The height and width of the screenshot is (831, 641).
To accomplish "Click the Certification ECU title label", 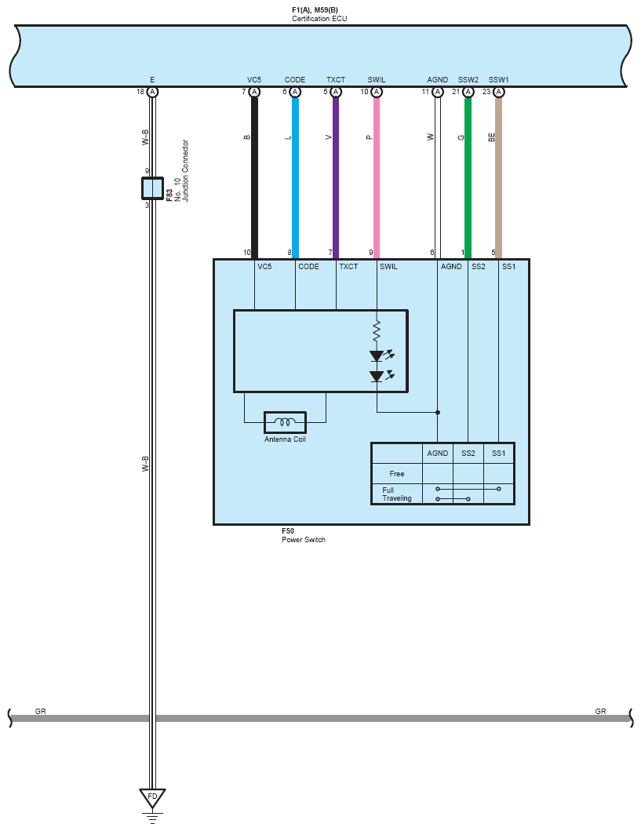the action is (x=319, y=14).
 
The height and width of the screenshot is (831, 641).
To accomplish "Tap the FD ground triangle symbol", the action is (x=152, y=797).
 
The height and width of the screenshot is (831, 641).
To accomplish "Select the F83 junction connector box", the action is (x=152, y=188).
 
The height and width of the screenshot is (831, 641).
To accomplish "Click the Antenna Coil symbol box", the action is (x=285, y=422).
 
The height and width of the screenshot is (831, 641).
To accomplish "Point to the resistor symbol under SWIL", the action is (x=377, y=331).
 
